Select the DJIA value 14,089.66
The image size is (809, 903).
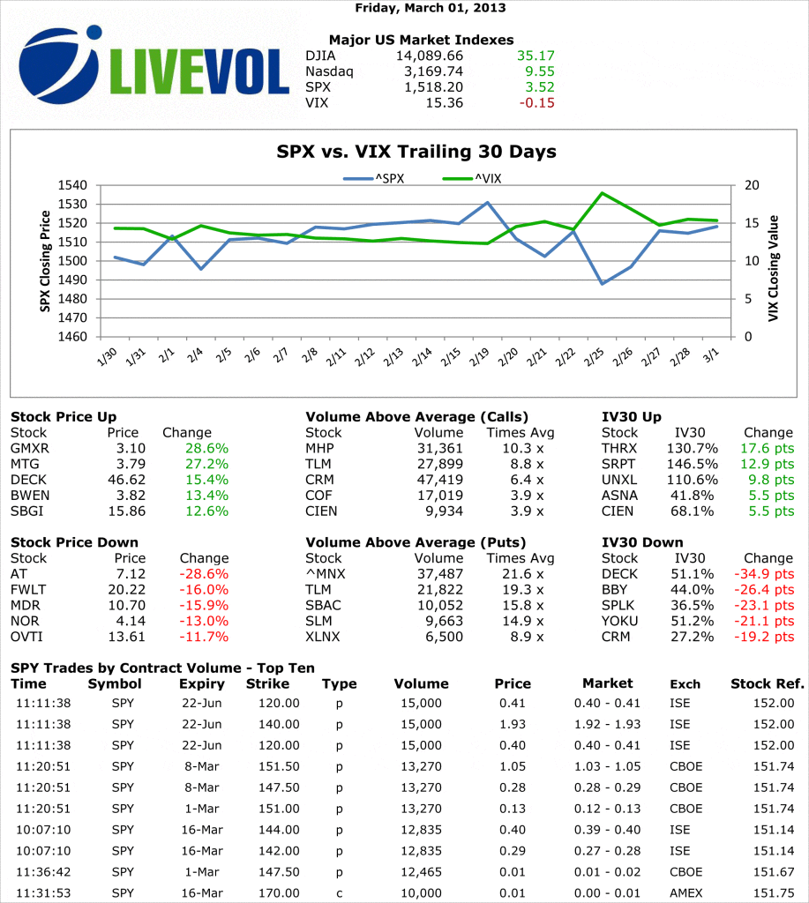(x=428, y=56)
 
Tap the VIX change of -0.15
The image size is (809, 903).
(x=537, y=103)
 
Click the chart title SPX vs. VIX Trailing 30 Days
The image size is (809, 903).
(x=416, y=152)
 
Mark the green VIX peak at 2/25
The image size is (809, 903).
(x=602, y=193)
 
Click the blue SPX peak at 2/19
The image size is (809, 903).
(x=487, y=203)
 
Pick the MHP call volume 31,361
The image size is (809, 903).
(x=438, y=449)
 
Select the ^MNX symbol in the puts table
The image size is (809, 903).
(x=323, y=574)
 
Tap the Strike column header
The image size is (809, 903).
(x=267, y=683)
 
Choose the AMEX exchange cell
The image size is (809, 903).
(x=685, y=893)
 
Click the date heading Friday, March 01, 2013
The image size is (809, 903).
(x=431, y=8)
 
